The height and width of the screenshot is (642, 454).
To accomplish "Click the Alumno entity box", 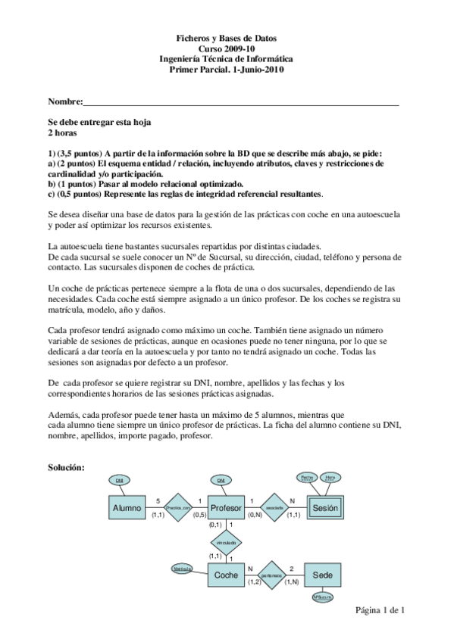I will pos(127,508).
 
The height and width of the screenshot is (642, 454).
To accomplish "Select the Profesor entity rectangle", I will pos(226,508).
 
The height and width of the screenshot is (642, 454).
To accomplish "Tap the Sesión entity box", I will pos(325,508).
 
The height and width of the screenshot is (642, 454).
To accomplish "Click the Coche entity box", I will pos(226,575).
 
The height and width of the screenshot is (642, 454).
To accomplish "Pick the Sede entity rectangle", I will pos(324,575).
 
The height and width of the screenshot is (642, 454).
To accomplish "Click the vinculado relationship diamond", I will pos(226,543).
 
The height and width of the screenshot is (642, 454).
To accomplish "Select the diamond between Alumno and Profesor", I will pos(177,508).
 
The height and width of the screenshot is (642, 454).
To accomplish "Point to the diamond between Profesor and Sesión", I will pos(275,508).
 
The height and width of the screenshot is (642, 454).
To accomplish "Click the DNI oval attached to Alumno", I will pos(120,481).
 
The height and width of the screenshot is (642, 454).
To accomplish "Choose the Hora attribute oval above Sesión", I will pos(330,477).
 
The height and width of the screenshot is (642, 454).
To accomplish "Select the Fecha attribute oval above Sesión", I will pos(306,477).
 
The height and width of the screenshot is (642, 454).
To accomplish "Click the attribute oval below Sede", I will pos(324,597).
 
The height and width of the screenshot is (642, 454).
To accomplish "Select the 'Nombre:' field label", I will pos(64,101).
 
